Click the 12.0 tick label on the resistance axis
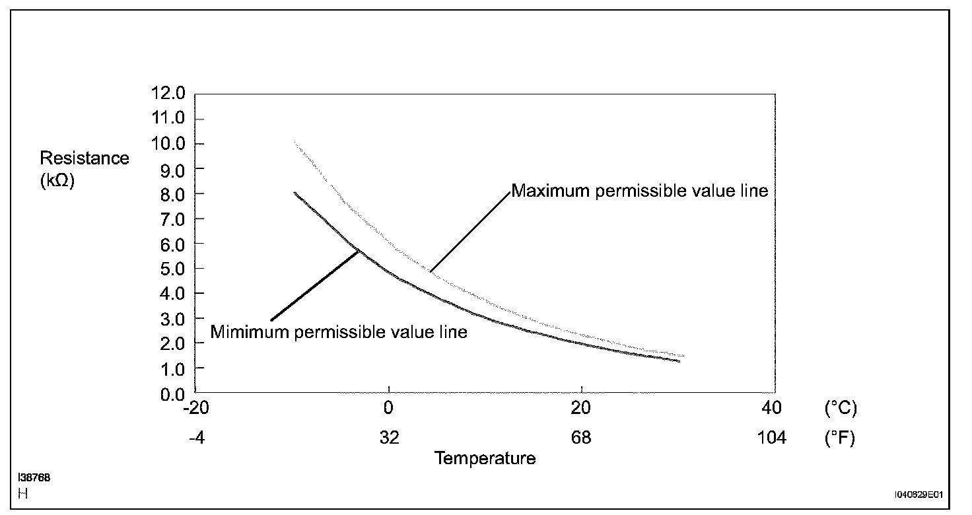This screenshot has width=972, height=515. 168,93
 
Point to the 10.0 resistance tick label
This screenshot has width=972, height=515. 168,143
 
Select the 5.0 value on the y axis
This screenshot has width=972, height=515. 173,269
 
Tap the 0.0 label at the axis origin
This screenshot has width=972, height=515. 173,394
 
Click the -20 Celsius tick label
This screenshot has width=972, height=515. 196,408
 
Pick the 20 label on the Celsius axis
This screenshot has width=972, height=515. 581,408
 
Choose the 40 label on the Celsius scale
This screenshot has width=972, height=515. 772,408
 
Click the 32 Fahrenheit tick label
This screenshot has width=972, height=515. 389,438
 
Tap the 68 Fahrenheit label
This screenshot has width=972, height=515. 581,438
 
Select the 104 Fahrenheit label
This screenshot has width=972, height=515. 771,438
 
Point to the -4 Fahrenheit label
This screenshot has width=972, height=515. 197,438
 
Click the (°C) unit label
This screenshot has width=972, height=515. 841,408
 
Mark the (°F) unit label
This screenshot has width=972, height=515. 840,438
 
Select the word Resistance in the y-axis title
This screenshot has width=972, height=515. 85,158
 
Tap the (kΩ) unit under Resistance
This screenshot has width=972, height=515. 57,180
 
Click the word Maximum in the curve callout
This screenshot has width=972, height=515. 550,191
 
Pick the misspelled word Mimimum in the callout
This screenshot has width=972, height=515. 250,332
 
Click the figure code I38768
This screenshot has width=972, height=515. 34,477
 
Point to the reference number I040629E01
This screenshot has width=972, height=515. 919,495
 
